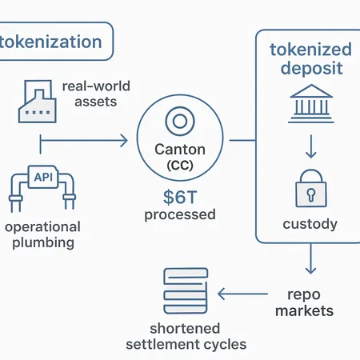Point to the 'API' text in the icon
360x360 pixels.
tap(38, 177)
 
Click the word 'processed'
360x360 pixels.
tap(179, 214)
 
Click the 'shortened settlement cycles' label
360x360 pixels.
tap(186, 337)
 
